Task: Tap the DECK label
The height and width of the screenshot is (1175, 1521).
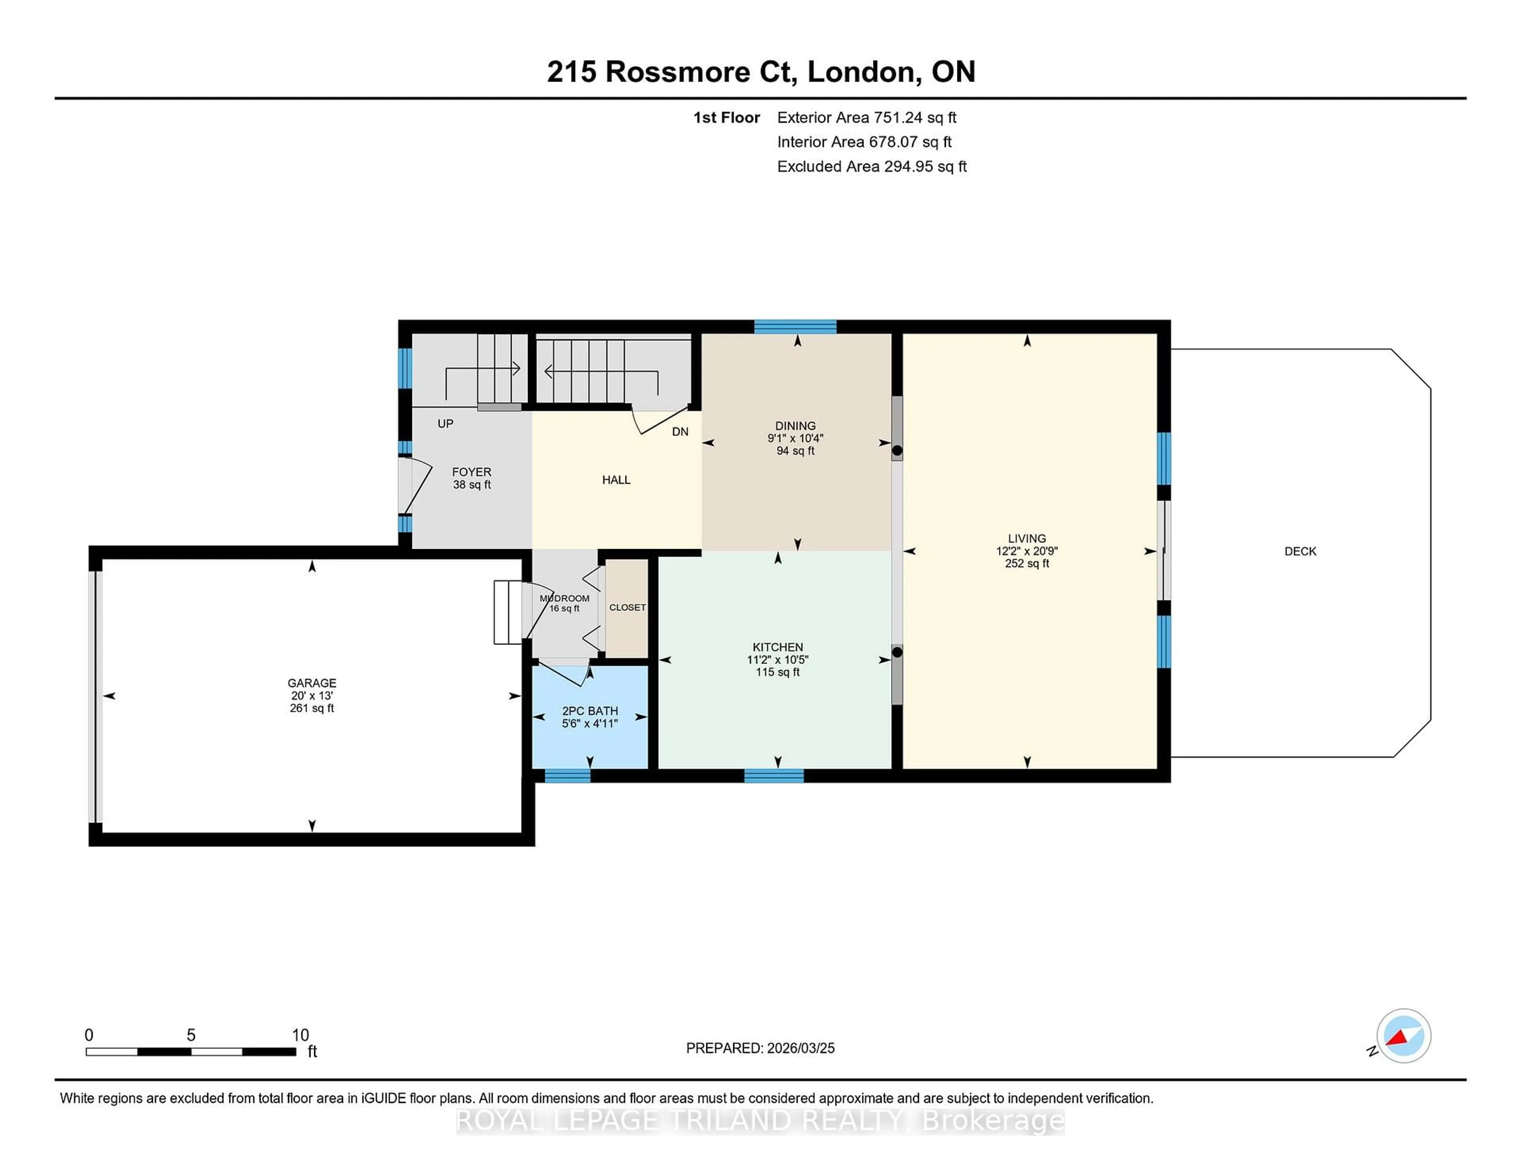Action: tap(1300, 551)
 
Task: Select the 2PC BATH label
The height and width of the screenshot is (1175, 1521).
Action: tap(590, 711)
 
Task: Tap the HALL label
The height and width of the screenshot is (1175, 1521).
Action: tap(616, 479)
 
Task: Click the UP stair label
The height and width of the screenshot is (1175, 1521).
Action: tap(445, 423)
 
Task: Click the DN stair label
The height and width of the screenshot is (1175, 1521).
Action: tap(680, 432)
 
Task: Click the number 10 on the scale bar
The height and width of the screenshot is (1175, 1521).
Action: tap(300, 1035)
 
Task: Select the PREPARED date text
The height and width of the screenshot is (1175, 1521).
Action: tap(760, 1048)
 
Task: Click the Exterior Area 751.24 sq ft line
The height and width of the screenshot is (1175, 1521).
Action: tap(866, 118)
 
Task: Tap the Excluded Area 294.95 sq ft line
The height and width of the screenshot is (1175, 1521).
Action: tap(871, 166)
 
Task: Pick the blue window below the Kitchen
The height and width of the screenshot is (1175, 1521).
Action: tap(773, 776)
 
